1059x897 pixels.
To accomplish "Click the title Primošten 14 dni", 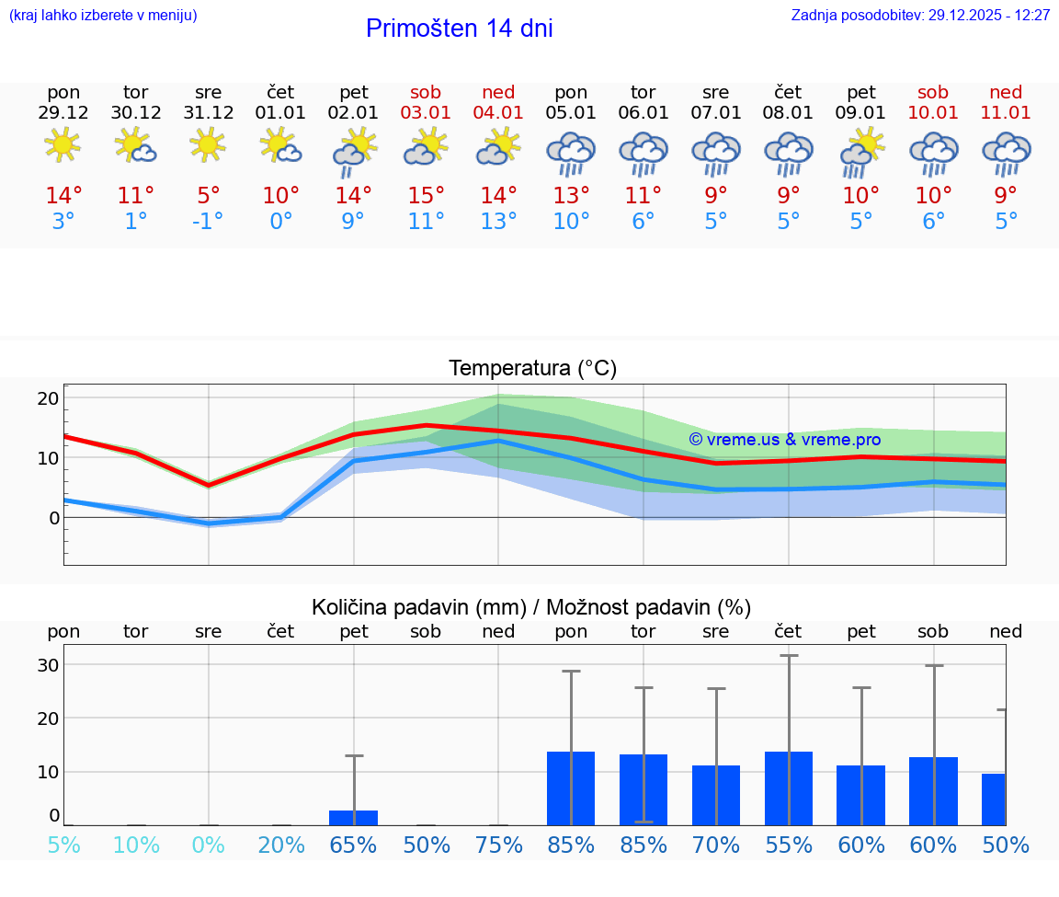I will (459, 29).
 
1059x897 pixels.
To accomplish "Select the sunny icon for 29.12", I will (63, 146).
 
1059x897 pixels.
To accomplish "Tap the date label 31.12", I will (209, 113).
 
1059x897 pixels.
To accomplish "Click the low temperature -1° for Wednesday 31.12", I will (209, 222).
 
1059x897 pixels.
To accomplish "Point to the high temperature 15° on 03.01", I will (426, 196).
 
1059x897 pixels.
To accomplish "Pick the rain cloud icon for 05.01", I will (571, 153).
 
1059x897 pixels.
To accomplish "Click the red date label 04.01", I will (498, 113).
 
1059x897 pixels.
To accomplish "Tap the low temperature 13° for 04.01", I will (498, 222).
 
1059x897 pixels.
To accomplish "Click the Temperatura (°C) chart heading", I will (533, 369).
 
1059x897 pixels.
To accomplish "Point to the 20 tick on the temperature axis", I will (48, 398).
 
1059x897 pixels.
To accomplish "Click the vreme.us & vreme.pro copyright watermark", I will (784, 440).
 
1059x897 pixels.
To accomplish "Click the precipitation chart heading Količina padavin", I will (531, 607).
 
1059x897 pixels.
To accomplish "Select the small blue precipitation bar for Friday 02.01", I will (354, 818).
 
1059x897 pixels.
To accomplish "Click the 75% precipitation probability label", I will (498, 845).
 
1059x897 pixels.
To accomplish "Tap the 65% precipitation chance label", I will (354, 845).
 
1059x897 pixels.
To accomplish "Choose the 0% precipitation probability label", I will (209, 845).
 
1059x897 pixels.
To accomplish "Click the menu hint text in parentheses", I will (103, 16).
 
